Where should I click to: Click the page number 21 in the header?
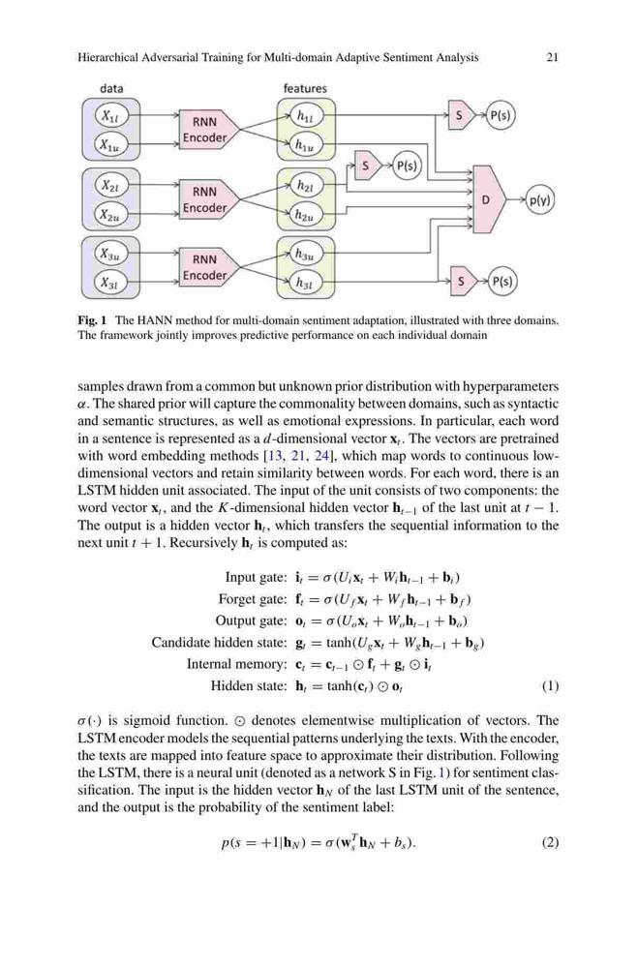[x=553, y=57]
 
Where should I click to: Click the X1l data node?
[x=111, y=116]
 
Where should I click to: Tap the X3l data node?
[x=111, y=284]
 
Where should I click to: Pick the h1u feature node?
[x=306, y=145]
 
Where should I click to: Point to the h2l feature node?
[x=306, y=185]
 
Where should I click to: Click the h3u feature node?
[x=306, y=254]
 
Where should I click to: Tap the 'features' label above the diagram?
[x=305, y=88]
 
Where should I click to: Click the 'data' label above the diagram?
[x=111, y=88]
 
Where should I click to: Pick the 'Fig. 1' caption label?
[x=92, y=320]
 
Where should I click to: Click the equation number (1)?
[x=550, y=686]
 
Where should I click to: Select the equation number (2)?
[x=550, y=842]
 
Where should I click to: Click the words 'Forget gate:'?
[x=253, y=599]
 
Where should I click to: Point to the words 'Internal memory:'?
[x=237, y=664]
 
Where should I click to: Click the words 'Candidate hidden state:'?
[x=219, y=643]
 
